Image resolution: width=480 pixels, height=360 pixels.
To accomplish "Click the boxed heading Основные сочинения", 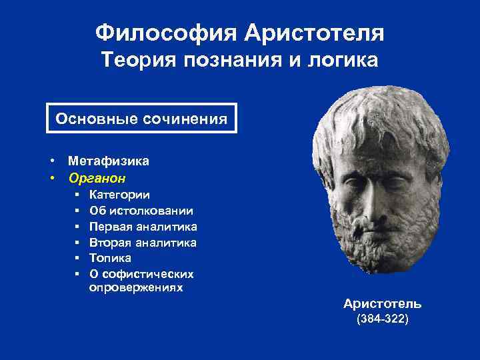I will pyautogui.click(x=141, y=119).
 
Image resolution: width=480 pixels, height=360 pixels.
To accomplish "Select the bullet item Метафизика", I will pyautogui.click(x=109, y=161).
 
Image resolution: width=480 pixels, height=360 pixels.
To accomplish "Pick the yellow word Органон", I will pyautogui.click(x=97, y=178).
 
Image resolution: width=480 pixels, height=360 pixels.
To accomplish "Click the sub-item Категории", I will pyautogui.click(x=119, y=195).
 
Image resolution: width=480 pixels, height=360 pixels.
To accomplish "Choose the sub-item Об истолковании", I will pyautogui.click(x=141, y=211).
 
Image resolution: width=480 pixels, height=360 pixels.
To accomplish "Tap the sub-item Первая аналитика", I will pyautogui.click(x=143, y=227).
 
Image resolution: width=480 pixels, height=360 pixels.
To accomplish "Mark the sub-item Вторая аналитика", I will pyautogui.click(x=143, y=243).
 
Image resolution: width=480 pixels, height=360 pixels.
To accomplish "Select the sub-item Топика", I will pyautogui.click(x=110, y=258).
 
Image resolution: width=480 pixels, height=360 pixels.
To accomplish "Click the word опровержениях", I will pyautogui.click(x=136, y=288).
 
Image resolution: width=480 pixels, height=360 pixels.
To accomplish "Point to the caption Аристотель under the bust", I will pyautogui.click(x=382, y=304).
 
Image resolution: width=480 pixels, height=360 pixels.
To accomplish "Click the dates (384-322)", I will pyautogui.click(x=383, y=319).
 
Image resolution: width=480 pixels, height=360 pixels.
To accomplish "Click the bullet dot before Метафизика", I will pyautogui.click(x=51, y=161).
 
